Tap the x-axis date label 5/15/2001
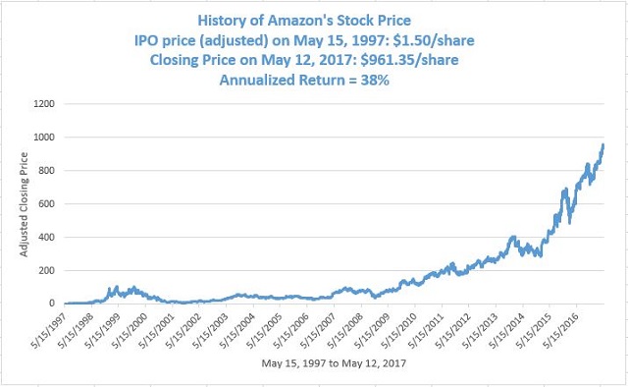pyautogui.click(x=161, y=332)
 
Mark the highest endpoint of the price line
pyautogui.click(x=602, y=144)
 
